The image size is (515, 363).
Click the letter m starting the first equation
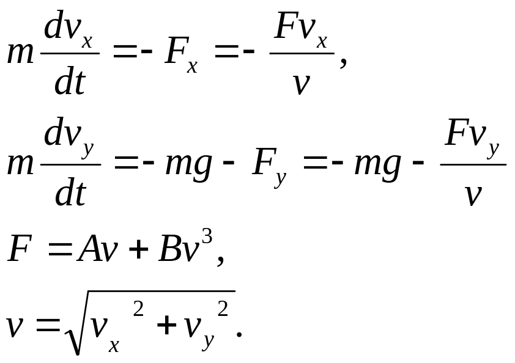tap(21, 54)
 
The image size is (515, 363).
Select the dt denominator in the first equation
tap(69, 82)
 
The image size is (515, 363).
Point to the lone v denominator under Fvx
tap(300, 84)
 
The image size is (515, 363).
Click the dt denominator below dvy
tap(70, 193)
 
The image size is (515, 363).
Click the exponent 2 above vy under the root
tap(223, 309)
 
